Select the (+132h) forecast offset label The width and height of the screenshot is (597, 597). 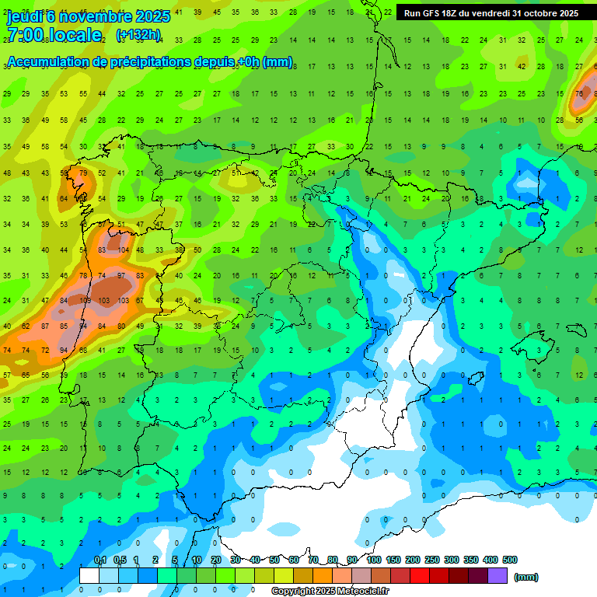138,35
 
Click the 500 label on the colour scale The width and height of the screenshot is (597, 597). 510,560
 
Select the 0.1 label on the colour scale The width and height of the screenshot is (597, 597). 99,560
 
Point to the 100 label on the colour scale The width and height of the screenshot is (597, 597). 373,560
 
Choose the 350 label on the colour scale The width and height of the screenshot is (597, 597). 471,560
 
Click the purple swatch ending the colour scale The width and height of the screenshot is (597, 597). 497,575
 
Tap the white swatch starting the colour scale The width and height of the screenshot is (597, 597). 89,575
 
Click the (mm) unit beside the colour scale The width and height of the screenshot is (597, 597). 526,577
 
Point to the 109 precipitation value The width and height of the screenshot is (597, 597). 85,300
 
